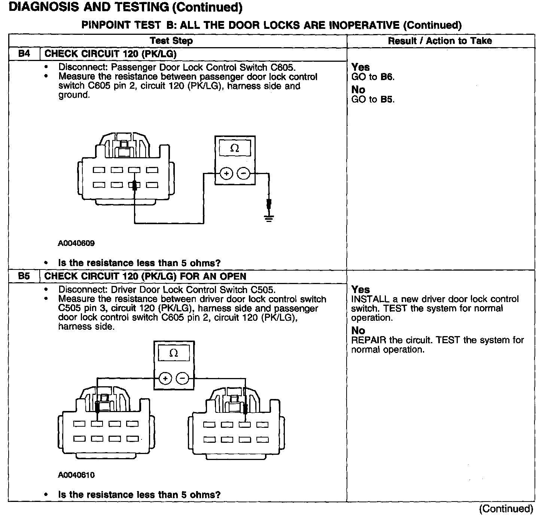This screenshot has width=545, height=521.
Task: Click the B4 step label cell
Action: click(x=24, y=54)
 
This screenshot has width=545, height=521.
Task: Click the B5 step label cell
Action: click(x=24, y=277)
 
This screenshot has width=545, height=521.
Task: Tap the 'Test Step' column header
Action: click(x=171, y=41)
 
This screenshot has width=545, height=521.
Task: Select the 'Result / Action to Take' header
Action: click(x=440, y=41)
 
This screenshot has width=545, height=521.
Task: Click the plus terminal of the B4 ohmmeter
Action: click(x=226, y=173)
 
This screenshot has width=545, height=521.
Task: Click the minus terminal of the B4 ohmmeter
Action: click(x=243, y=173)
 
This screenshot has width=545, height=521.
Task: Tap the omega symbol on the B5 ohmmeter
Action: click(x=173, y=353)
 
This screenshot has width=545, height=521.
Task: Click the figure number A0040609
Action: click(x=76, y=243)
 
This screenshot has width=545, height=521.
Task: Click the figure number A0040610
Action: click(x=76, y=475)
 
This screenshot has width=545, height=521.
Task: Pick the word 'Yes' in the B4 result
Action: click(x=360, y=67)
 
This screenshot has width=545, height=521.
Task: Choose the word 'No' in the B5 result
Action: click(x=358, y=330)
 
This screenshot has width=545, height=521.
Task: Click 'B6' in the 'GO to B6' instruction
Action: click(x=387, y=77)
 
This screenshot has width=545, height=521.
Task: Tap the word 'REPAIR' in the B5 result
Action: click(x=369, y=340)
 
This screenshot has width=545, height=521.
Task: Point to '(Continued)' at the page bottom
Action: click(x=506, y=509)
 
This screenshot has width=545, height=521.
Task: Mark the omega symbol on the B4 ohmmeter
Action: click(x=235, y=149)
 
